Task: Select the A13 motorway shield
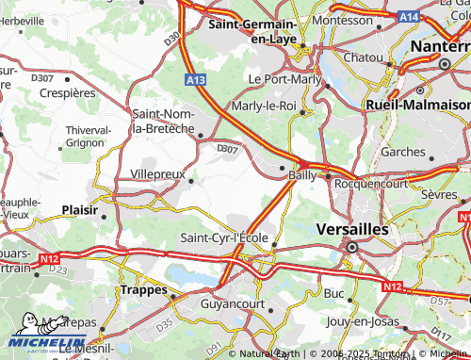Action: coord(196,82)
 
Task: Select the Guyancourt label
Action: coord(235,304)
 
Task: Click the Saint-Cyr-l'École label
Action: coord(226,237)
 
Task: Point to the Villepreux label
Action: coord(157,174)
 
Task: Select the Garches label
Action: coord(403,151)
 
